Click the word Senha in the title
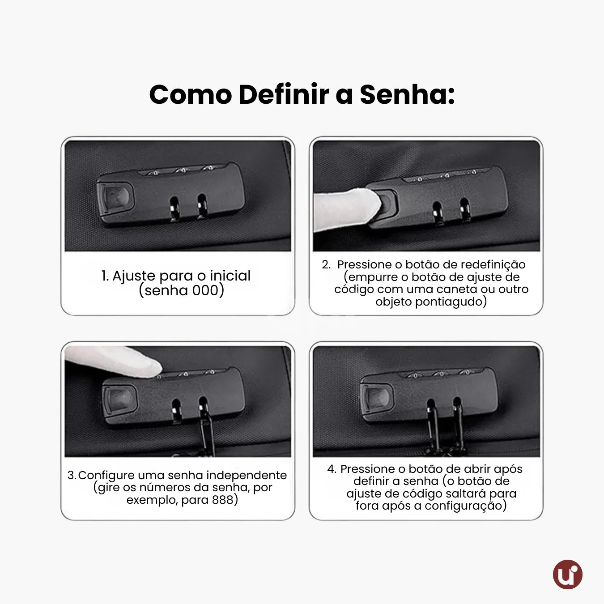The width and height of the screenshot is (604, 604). point(407,95)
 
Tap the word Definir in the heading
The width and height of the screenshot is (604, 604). point(284,95)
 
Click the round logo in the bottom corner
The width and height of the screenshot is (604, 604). point(567,574)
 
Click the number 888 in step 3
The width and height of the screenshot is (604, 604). point(222,500)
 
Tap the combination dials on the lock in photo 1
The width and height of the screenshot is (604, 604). point(181,170)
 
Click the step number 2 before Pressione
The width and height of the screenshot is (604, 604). point(326,264)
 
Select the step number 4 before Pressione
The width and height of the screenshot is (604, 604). point(331,469)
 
